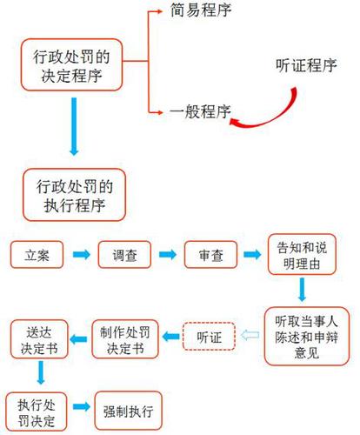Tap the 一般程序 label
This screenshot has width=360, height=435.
click(199, 110)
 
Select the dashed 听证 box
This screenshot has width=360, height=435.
click(209, 335)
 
